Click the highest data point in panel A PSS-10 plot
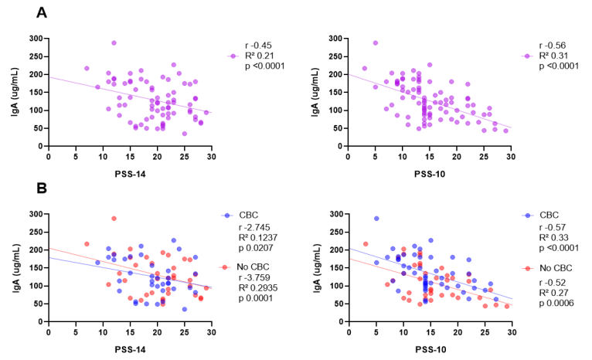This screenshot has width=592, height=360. pos(376,43)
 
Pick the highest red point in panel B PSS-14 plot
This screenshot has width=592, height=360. pos(114,219)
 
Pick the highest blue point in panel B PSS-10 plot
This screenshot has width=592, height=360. pos(376,219)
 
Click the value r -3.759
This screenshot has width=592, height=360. pos(260,277)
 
